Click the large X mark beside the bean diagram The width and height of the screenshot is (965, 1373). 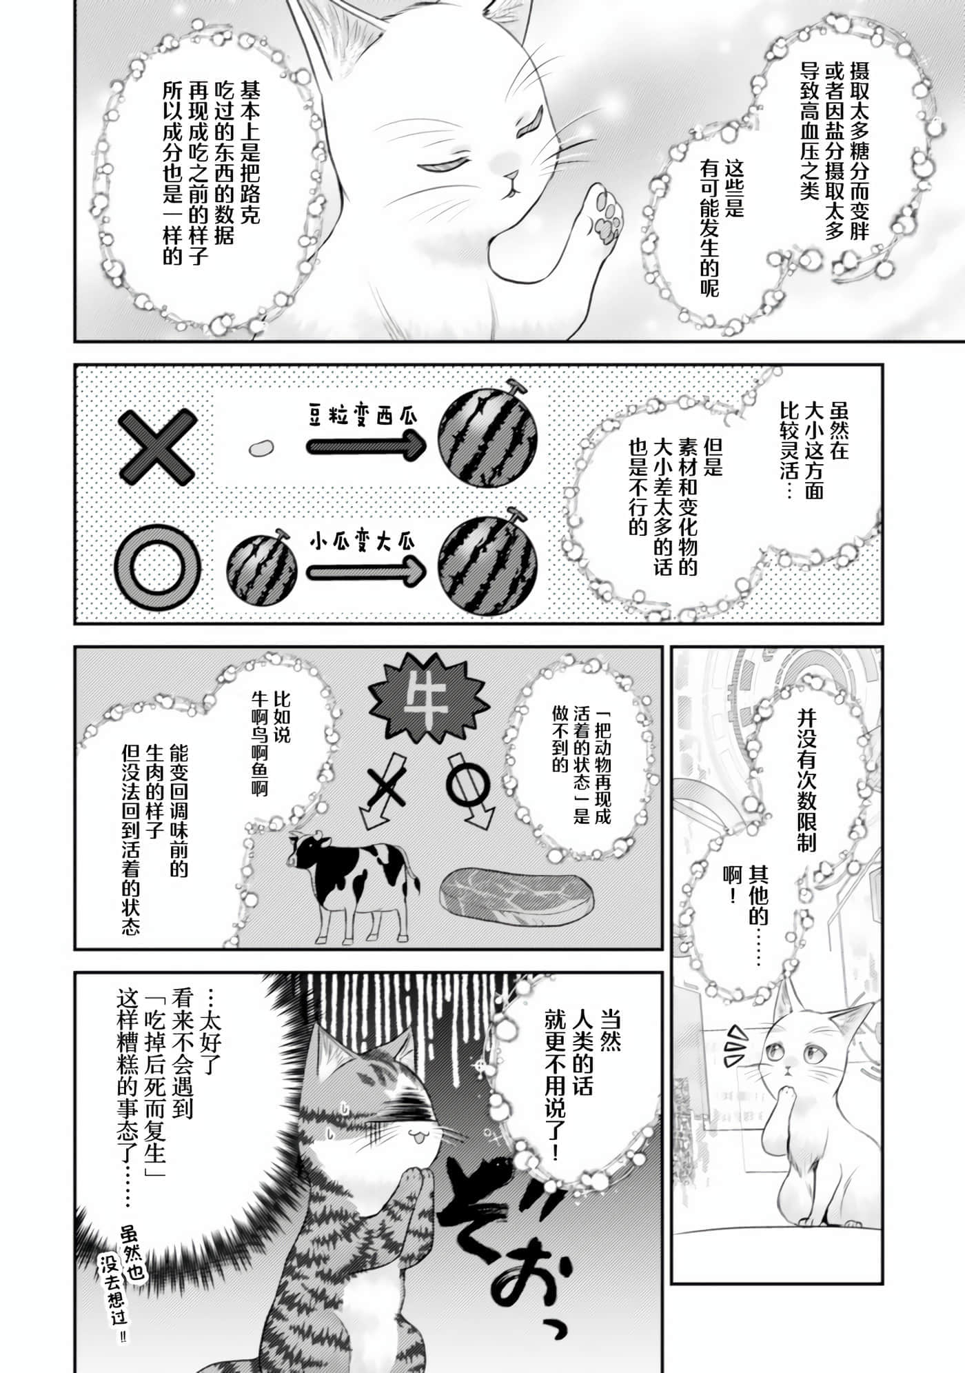(x=157, y=448)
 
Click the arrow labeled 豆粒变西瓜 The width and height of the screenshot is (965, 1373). (x=365, y=448)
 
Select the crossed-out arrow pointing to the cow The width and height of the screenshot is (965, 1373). (x=388, y=790)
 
